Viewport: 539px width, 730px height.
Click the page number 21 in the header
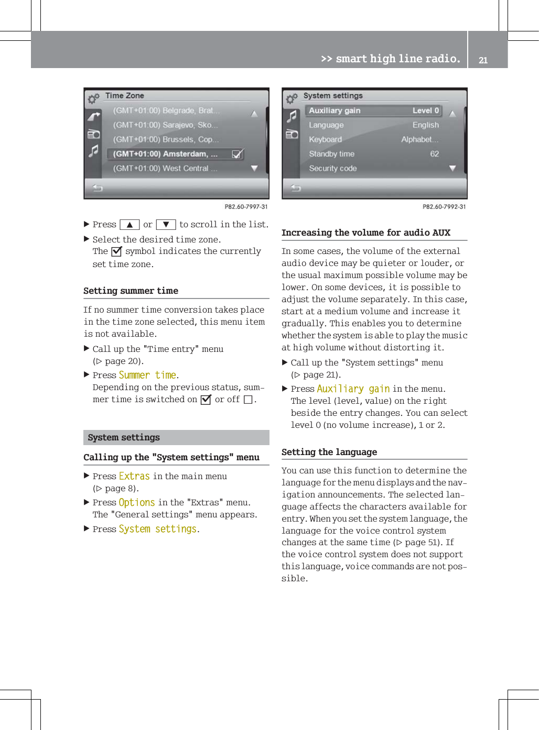(x=483, y=60)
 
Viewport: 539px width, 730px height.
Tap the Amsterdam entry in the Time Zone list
(x=165, y=154)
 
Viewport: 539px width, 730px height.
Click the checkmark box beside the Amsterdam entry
(x=237, y=154)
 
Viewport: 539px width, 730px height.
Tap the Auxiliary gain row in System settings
(x=373, y=110)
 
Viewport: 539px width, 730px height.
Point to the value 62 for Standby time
(x=434, y=154)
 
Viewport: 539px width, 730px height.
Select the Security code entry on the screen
(x=333, y=169)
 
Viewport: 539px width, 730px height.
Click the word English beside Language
(x=425, y=125)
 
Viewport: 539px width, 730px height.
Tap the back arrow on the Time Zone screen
(x=98, y=188)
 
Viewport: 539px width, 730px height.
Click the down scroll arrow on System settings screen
(x=452, y=168)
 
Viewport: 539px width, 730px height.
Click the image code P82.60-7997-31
(x=246, y=207)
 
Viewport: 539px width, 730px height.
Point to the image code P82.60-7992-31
(x=444, y=207)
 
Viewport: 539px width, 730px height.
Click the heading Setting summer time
(x=131, y=291)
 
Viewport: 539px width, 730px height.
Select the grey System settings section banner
(x=176, y=437)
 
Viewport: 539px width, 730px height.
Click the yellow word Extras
(x=134, y=476)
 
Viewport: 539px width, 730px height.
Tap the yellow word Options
(x=137, y=503)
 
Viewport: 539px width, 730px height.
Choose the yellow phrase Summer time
(x=147, y=375)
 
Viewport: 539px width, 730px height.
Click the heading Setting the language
(x=329, y=452)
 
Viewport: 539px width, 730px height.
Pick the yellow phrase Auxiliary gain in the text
(x=353, y=389)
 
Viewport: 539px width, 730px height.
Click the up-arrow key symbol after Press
(x=129, y=225)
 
